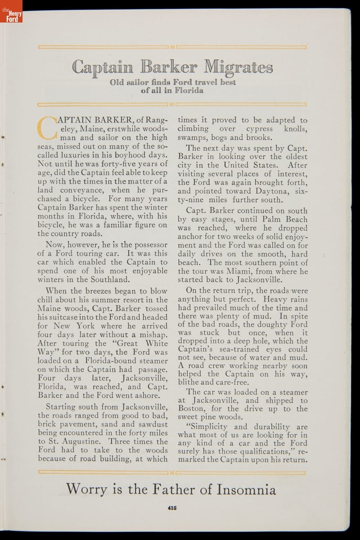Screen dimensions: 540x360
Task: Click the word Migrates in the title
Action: pos(238,67)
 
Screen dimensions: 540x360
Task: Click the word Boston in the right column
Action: pos(193,409)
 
